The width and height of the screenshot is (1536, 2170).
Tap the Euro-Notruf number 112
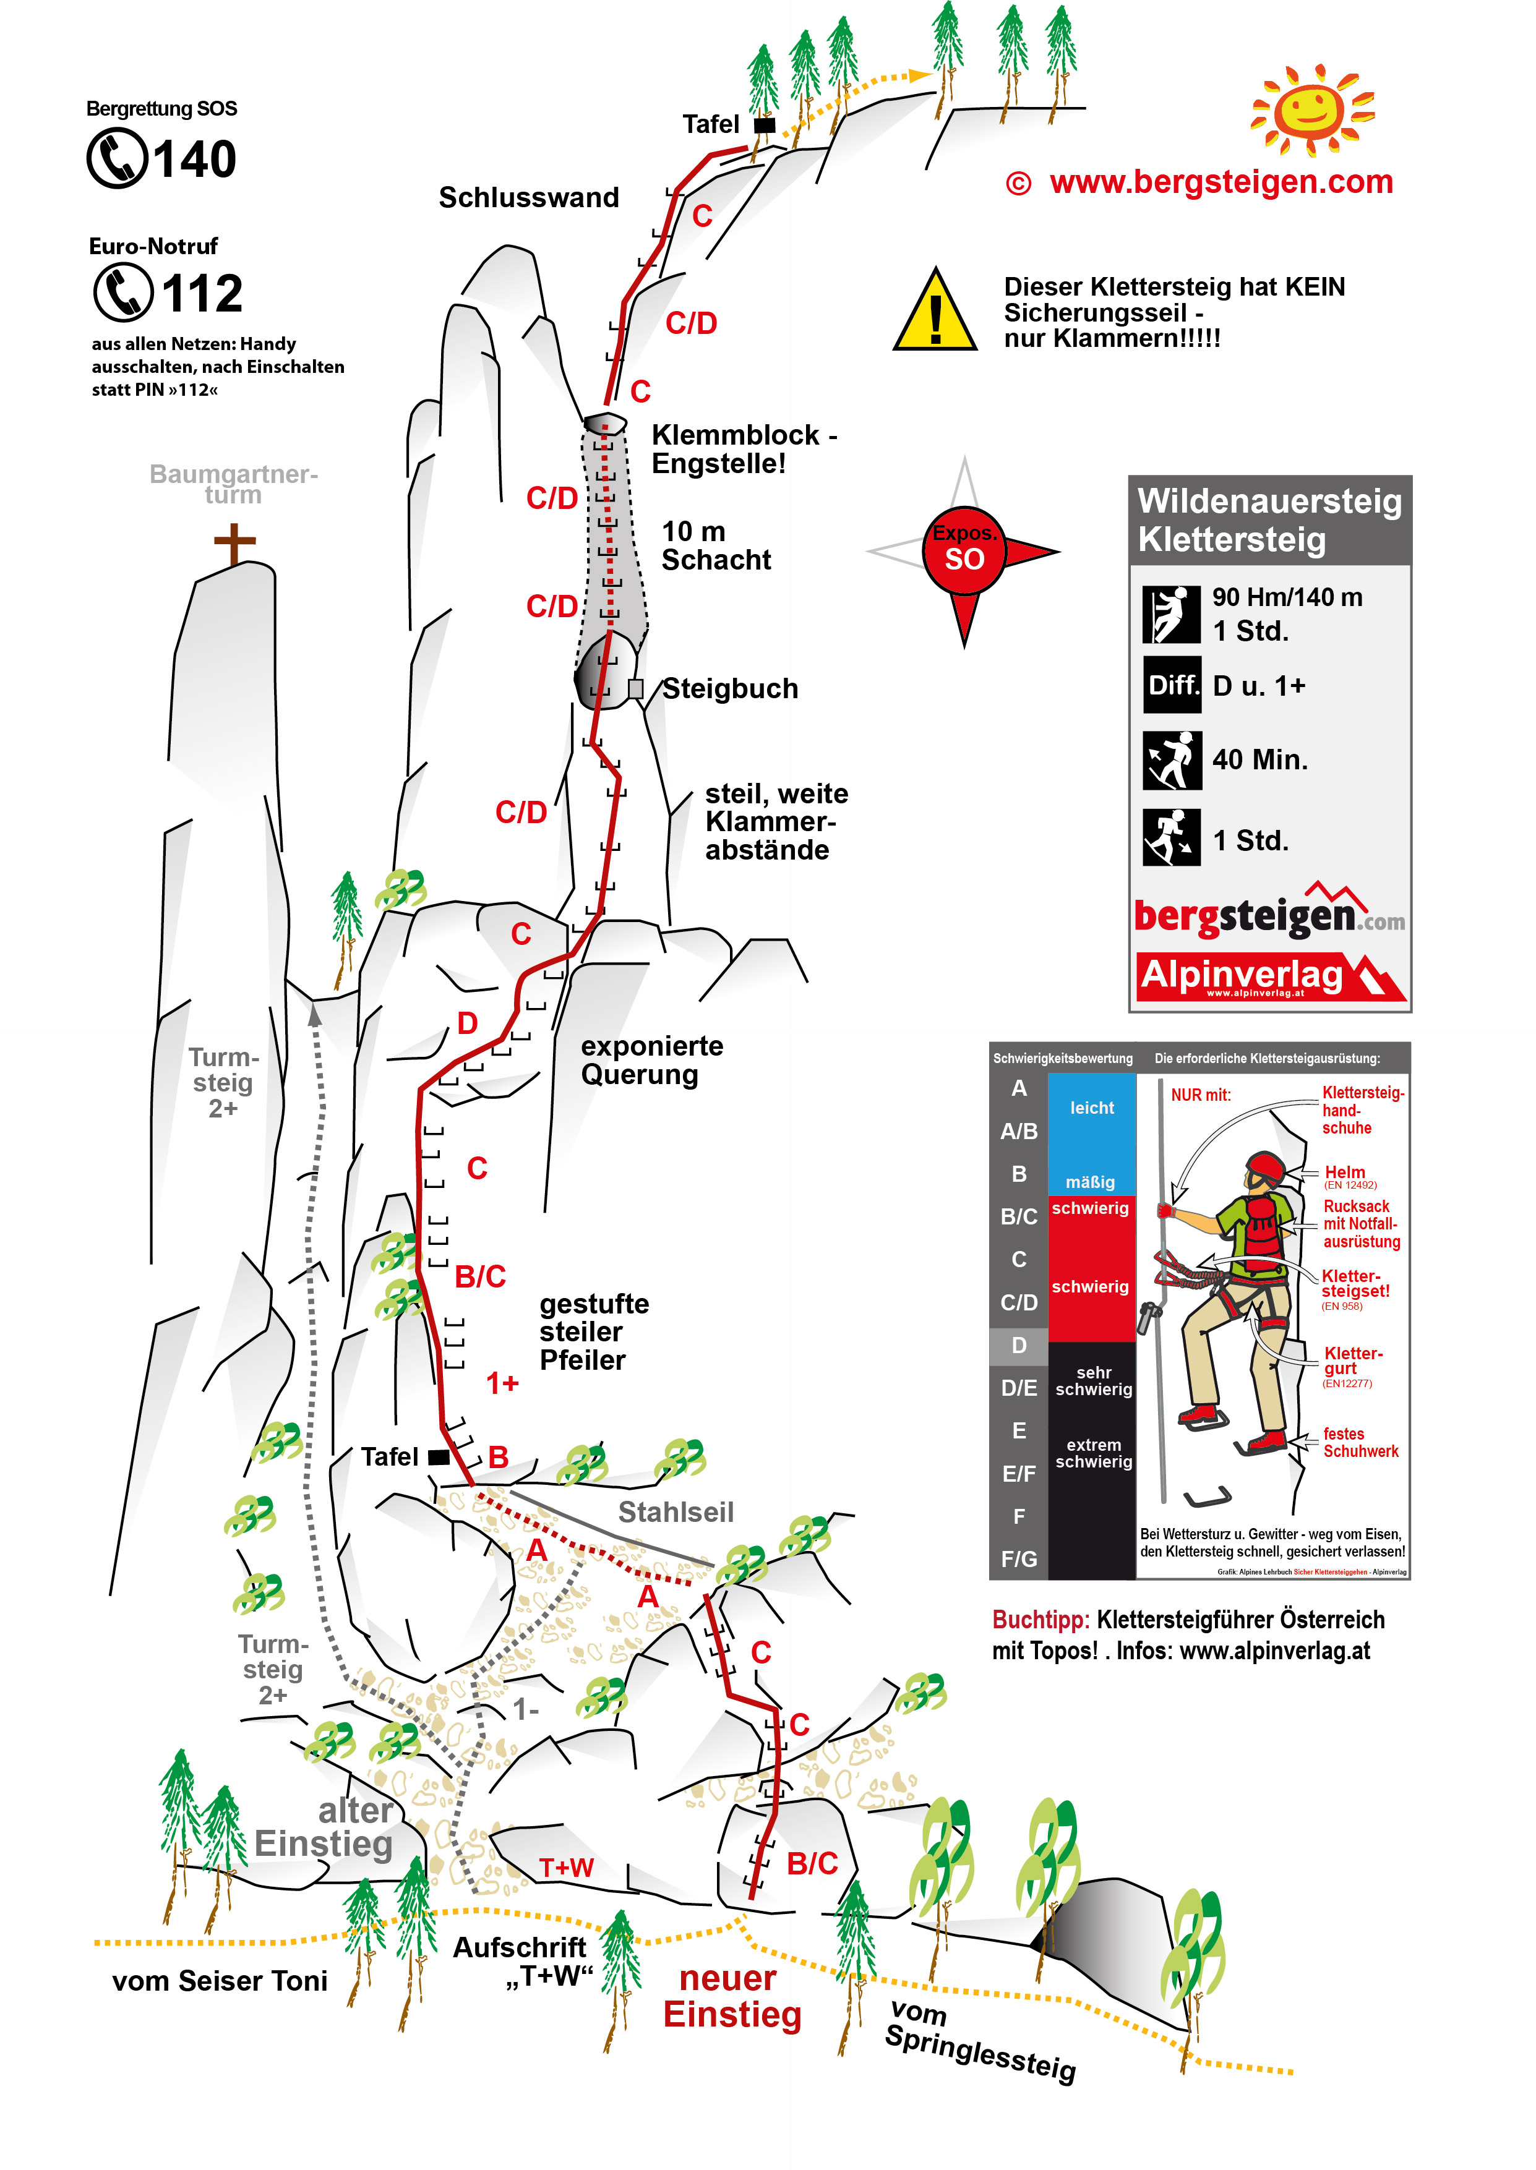coord(202,293)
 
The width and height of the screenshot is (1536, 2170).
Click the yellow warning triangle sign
coord(935,311)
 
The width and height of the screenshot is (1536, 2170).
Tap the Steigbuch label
coord(729,688)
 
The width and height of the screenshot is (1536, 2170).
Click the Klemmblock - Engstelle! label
coord(744,449)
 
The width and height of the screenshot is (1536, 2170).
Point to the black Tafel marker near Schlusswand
coord(764,125)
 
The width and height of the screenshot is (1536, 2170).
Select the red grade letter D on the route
coord(467,1023)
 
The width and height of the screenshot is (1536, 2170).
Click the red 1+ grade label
coord(502,1383)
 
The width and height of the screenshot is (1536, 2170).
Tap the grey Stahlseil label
coord(676,1512)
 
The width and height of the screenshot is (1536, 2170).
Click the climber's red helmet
coord(1264,1168)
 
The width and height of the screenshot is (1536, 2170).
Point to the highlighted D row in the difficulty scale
coord(1019,1344)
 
